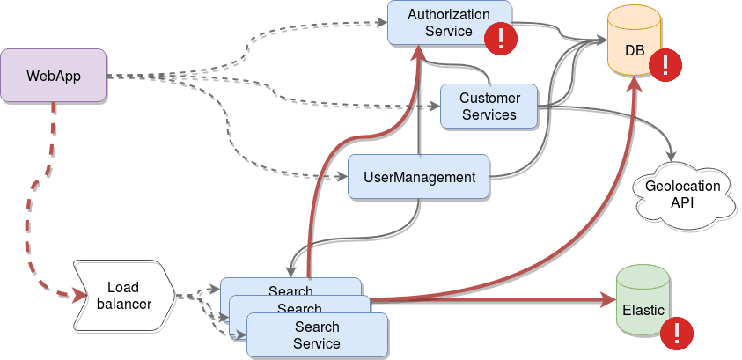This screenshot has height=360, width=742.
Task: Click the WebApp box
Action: tap(54, 76)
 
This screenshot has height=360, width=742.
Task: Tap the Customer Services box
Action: tap(489, 106)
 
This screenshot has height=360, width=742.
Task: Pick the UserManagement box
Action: tap(419, 177)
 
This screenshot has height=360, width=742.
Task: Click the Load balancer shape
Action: tap(129, 296)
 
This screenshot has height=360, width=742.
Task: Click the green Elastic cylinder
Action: tap(643, 301)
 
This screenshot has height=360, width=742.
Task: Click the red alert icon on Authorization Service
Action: tap(502, 39)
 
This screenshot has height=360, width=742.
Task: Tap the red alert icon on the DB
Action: tap(666, 65)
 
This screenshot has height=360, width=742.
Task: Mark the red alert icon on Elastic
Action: tap(677, 332)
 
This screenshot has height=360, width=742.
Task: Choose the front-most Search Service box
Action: tap(317, 335)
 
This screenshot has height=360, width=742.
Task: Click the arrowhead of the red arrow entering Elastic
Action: tap(609, 301)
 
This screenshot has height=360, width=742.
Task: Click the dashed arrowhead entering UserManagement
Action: tap(344, 178)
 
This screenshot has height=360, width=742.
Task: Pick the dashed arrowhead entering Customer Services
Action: tap(435, 108)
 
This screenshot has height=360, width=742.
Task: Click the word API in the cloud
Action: tap(683, 202)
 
